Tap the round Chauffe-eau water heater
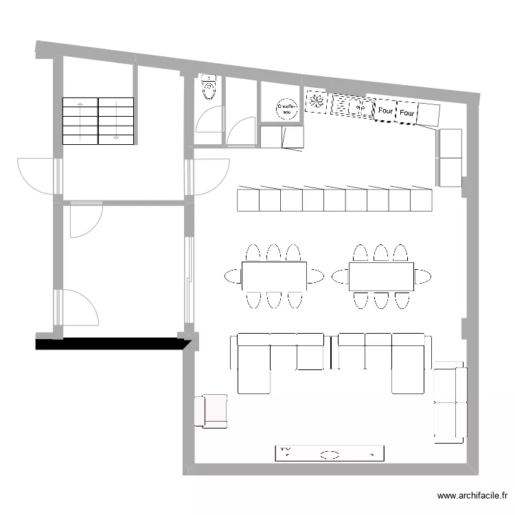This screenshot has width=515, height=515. click(286, 108)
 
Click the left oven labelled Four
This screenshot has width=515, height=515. click(385, 111)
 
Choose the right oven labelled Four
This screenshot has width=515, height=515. click(407, 113)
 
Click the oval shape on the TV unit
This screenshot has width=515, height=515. click(330, 454)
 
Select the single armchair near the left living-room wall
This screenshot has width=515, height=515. click(211, 411)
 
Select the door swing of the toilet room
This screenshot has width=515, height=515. click(209, 119)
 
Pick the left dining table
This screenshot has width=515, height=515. click(274, 276)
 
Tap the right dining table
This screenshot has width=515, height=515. click(381, 276)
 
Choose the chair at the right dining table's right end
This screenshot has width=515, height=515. click(423, 277)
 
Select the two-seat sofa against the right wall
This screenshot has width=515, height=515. click(450, 402)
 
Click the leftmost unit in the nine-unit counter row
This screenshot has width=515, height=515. click(247, 201)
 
